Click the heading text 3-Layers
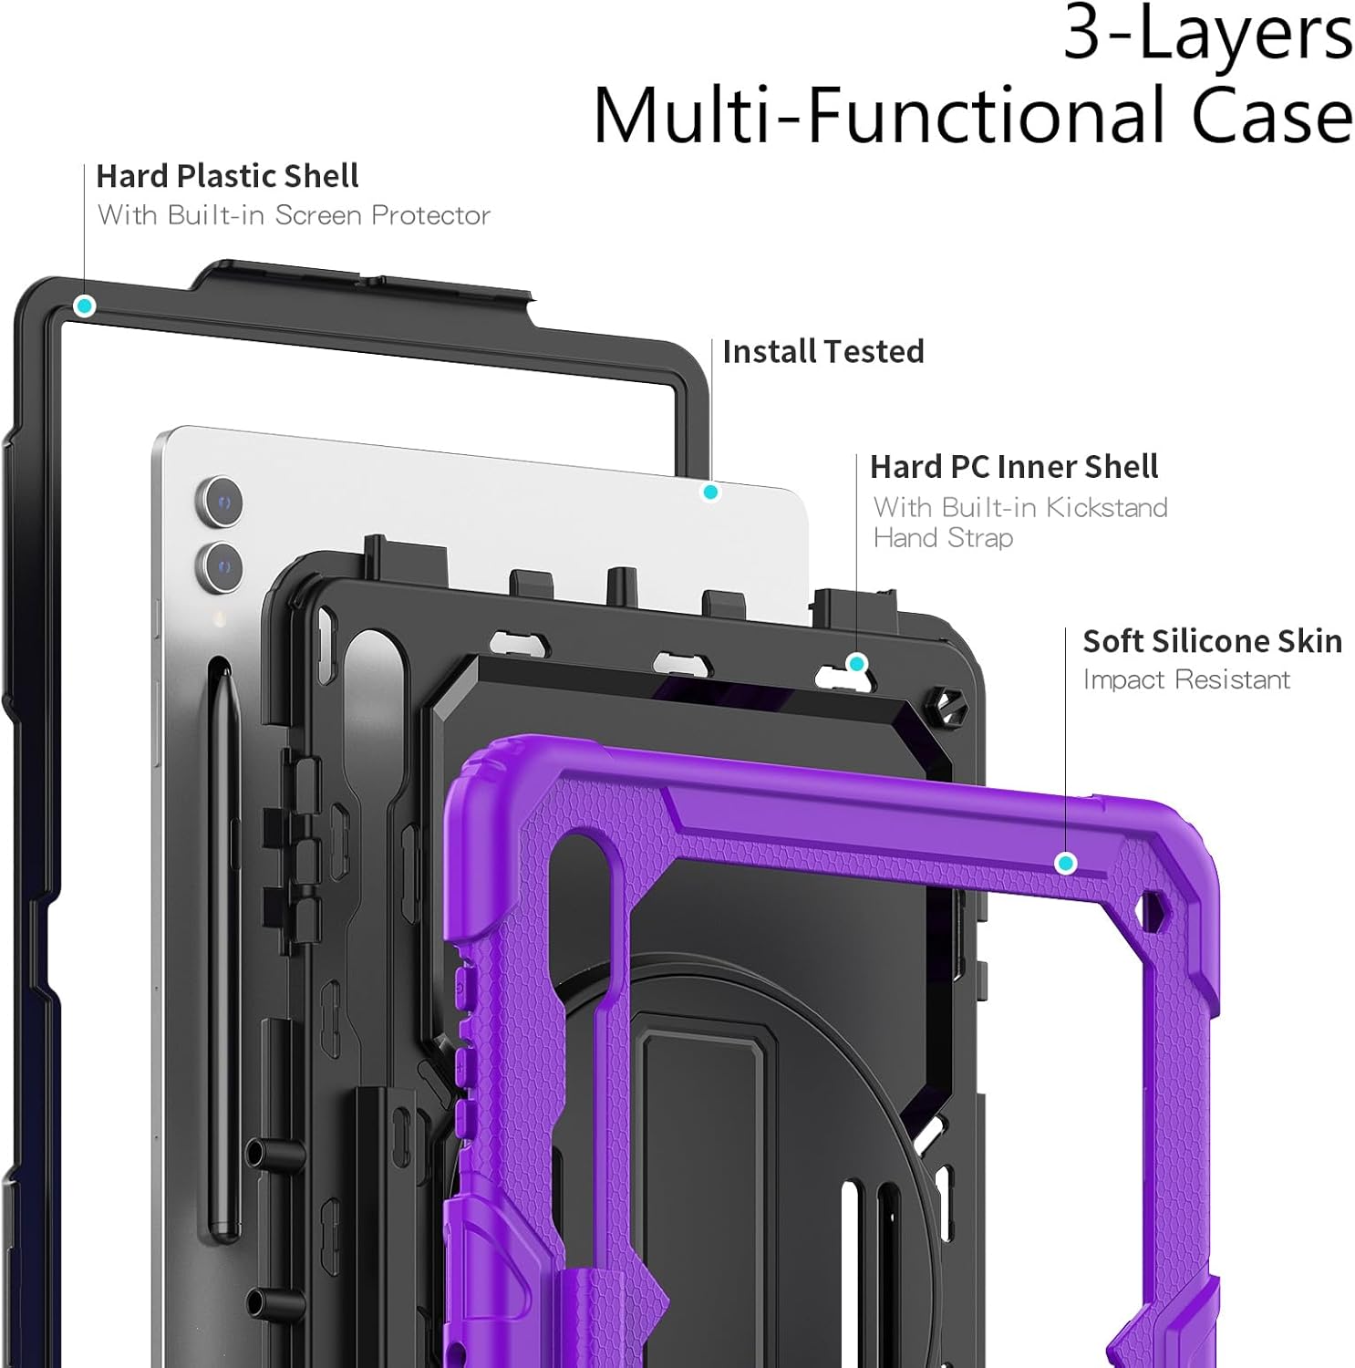(x=1207, y=35)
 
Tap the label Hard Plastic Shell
(x=227, y=175)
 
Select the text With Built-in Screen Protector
(x=294, y=215)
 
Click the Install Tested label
(x=822, y=351)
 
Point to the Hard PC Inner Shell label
(x=1013, y=467)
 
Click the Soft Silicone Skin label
(x=1212, y=641)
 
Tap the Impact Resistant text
(x=1186, y=679)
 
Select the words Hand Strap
(x=943, y=538)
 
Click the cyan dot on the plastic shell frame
(x=85, y=306)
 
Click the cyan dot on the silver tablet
(x=710, y=492)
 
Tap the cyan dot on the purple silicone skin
(x=1065, y=863)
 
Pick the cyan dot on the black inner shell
(x=855, y=663)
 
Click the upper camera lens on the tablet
(x=221, y=501)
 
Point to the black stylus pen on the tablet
(x=223, y=912)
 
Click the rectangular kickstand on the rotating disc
(x=700, y=1186)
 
